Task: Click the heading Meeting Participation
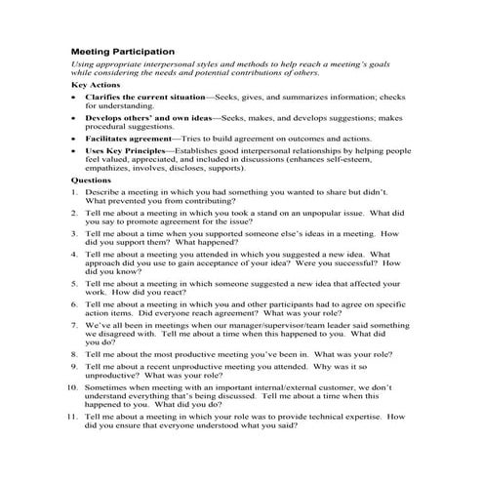pyautogui.click(x=124, y=51)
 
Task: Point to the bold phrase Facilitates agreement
pyautogui.click(x=128, y=139)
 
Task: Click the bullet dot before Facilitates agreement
pyautogui.click(x=75, y=139)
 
